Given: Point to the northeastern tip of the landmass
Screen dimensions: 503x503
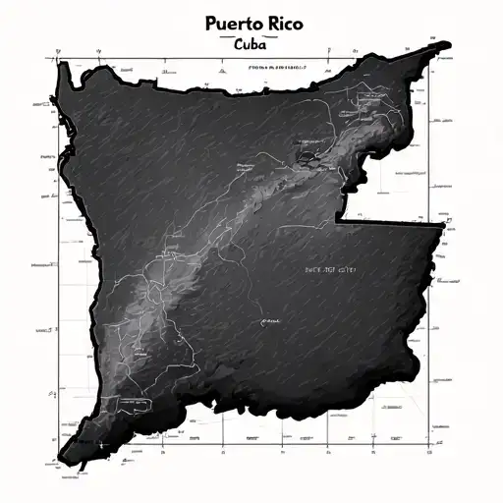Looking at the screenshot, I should pyautogui.click(x=447, y=43).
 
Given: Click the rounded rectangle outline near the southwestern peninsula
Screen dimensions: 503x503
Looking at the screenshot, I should pyautogui.click(x=127, y=402).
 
